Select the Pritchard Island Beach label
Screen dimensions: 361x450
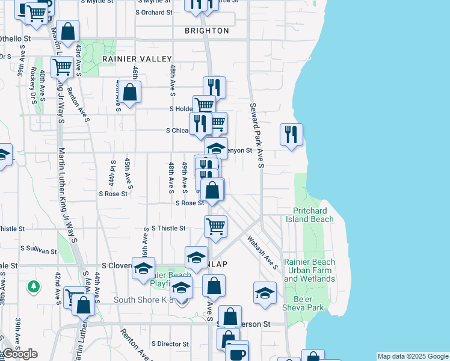(x=313, y=215)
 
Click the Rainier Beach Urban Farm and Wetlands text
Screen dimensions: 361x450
(x=310, y=270)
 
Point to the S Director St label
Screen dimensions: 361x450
(x=170, y=344)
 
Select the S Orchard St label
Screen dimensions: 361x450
(x=154, y=12)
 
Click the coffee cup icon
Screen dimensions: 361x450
(x=236, y=353)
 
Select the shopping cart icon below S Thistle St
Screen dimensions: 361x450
(x=215, y=226)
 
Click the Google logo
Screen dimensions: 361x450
(x=20, y=354)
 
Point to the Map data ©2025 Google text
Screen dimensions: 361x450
(x=413, y=356)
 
